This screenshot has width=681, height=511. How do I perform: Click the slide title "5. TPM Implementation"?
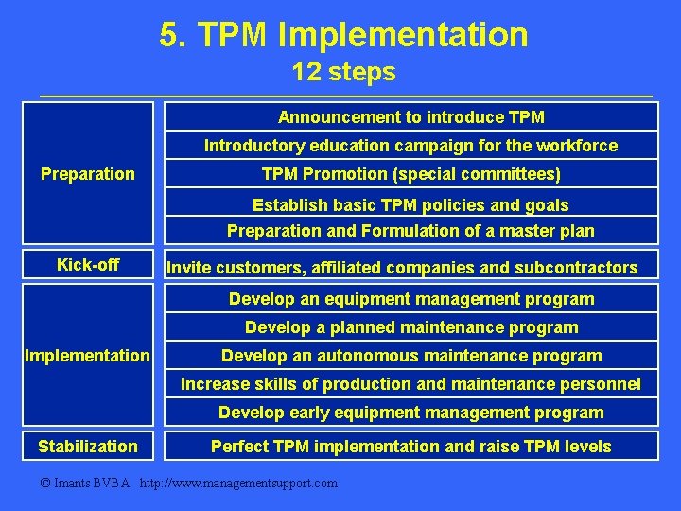(x=343, y=36)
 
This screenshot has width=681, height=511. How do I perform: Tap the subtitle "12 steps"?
(x=343, y=72)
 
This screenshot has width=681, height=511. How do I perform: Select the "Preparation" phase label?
(x=88, y=174)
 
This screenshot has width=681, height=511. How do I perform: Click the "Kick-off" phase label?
(x=88, y=265)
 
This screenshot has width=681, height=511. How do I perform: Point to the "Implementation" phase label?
(x=88, y=356)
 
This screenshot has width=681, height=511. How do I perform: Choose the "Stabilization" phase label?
(x=88, y=447)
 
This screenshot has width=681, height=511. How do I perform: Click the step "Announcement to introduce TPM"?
(x=410, y=117)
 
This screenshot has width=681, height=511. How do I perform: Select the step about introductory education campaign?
(x=410, y=146)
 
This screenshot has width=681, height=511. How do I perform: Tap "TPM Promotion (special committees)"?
(x=410, y=174)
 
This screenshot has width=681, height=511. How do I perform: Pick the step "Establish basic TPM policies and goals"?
(x=410, y=205)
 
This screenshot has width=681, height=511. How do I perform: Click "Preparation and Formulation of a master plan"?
(x=410, y=231)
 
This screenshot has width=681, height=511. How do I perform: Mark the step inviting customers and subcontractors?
(x=402, y=268)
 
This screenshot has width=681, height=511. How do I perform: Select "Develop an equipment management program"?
(x=410, y=299)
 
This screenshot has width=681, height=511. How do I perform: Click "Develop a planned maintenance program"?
(x=410, y=327)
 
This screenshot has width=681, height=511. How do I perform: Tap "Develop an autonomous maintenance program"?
(x=410, y=356)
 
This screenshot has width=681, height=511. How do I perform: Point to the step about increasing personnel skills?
(x=410, y=384)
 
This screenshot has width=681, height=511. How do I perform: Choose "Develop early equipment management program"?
(x=410, y=413)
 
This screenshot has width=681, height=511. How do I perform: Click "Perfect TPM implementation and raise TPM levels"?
(x=410, y=447)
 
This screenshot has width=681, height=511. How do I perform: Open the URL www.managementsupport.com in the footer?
(x=238, y=484)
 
